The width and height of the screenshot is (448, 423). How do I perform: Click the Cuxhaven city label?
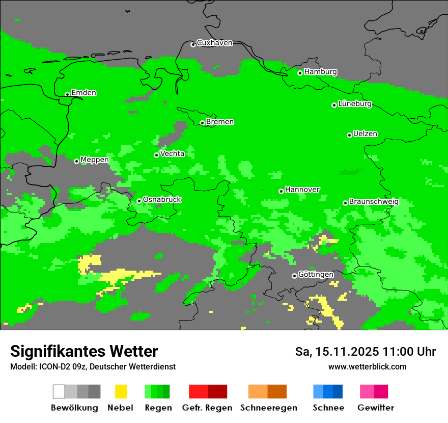tap(214, 43)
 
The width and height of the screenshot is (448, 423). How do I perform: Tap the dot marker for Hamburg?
tap(300, 73)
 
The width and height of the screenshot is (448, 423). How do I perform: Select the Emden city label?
tap(83, 93)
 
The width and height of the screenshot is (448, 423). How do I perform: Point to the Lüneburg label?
tap(355, 103)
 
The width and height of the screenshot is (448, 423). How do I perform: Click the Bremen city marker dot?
tap(202, 123)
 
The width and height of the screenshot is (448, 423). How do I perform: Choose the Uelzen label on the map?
tap(365, 134)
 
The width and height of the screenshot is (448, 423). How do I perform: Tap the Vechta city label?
tap(172, 153)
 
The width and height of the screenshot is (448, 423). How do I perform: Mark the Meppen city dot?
tap(77, 161)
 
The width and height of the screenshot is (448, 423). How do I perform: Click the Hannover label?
tap(302, 190)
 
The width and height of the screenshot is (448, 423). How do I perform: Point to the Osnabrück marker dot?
tap(139, 201)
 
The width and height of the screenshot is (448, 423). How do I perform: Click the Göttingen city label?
tap(316, 274)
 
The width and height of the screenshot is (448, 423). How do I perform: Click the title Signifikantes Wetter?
tap(84, 352)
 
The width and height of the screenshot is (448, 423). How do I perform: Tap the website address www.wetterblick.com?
tap(367, 366)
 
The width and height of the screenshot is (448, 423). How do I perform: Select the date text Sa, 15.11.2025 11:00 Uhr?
tap(365, 352)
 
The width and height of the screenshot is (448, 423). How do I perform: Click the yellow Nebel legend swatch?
tap(121, 391)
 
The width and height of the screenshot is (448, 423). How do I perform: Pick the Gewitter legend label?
tap(375, 408)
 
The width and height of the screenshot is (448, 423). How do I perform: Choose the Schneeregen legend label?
tap(268, 408)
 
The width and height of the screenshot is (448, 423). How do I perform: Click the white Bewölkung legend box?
tap(59, 391)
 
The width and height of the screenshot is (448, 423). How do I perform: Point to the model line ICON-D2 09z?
tap(93, 366)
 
